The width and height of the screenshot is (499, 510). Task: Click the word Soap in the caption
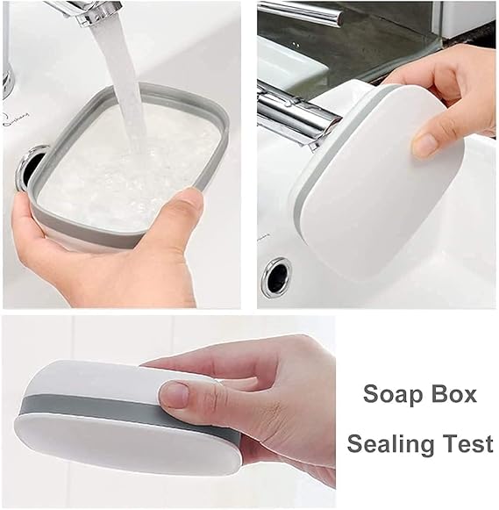pyautogui.click(x=388, y=394)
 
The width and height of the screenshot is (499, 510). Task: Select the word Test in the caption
pyautogui.click(x=469, y=443)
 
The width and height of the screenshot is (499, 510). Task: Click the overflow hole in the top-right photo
pyautogui.click(x=276, y=277)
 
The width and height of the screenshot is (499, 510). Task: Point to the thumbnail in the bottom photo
pyautogui.click(x=175, y=394)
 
